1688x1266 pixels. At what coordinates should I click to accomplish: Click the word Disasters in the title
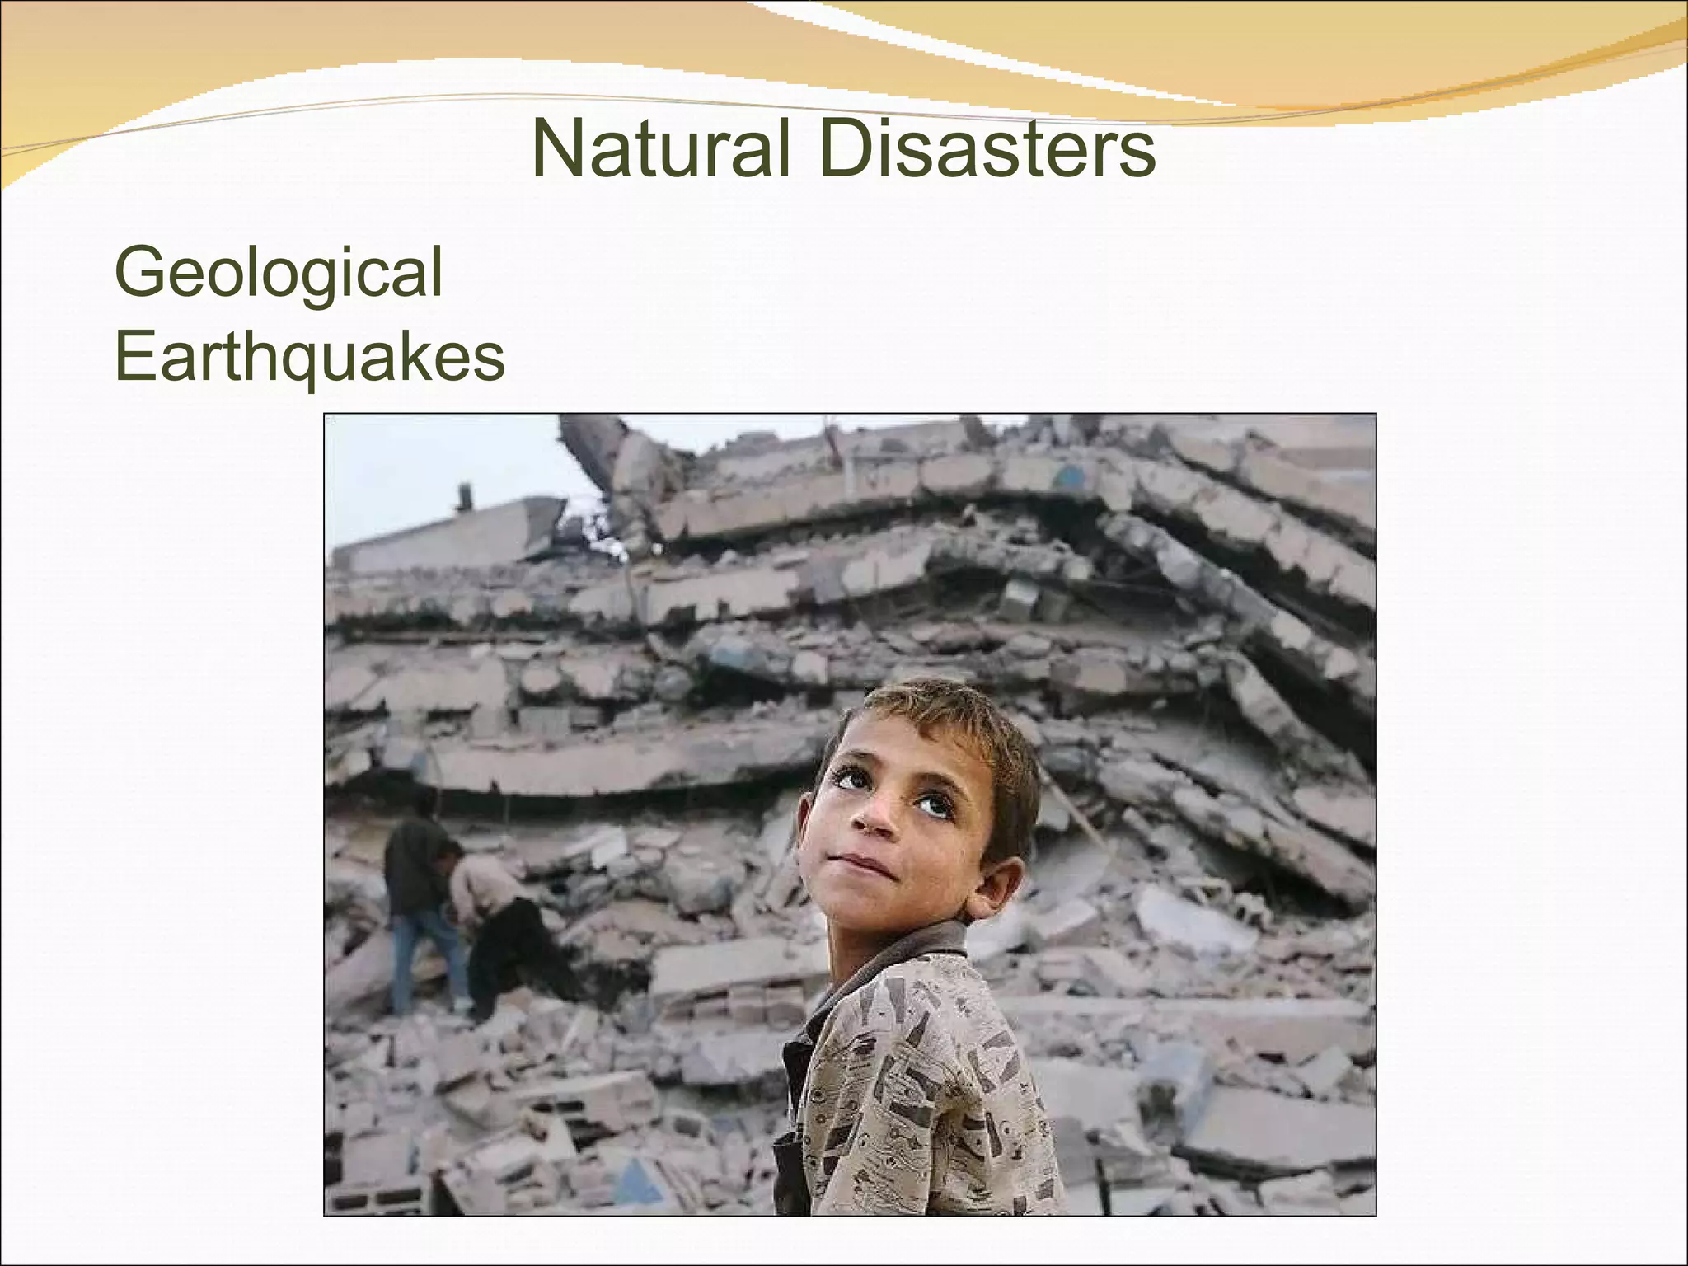tap(988, 148)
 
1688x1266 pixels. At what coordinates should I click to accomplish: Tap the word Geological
tap(279, 274)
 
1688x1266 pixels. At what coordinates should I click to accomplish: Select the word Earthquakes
tap(309, 358)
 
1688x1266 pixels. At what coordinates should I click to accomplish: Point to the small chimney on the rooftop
tap(465, 496)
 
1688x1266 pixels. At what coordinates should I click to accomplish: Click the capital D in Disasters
tap(846, 148)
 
